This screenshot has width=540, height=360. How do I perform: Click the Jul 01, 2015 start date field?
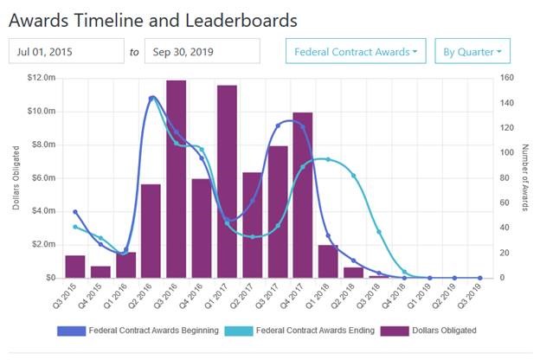(66, 52)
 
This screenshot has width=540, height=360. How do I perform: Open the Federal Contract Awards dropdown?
(356, 52)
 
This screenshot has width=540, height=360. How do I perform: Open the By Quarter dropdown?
(472, 52)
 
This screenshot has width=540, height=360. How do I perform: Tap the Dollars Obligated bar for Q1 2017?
(228, 182)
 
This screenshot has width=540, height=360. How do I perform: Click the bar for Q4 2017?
(303, 195)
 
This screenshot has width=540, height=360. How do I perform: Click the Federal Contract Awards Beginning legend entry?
(137, 331)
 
